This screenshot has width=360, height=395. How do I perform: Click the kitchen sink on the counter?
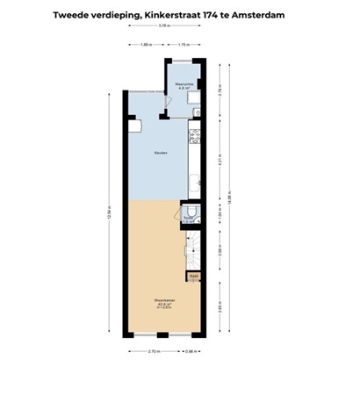195,187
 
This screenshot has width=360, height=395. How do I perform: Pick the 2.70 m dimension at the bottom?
155,351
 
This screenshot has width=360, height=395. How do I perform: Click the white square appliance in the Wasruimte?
195,97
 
